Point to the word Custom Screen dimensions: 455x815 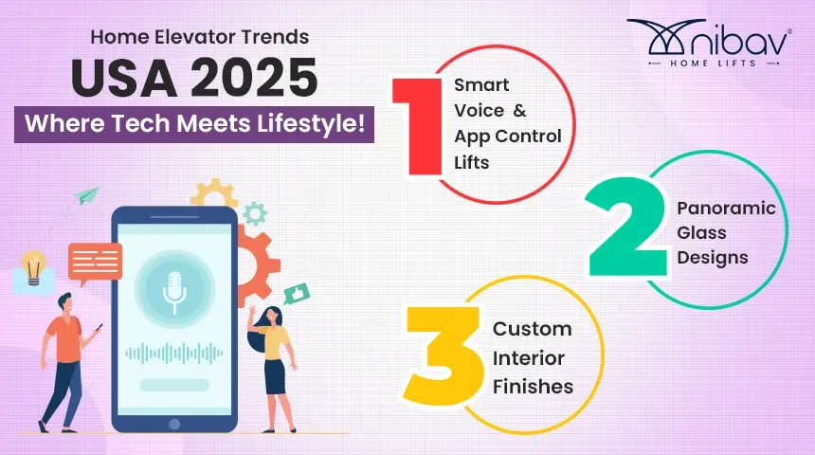(532, 330)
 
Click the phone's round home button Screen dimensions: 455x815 (173, 423)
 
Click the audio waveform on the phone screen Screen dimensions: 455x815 (173, 354)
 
